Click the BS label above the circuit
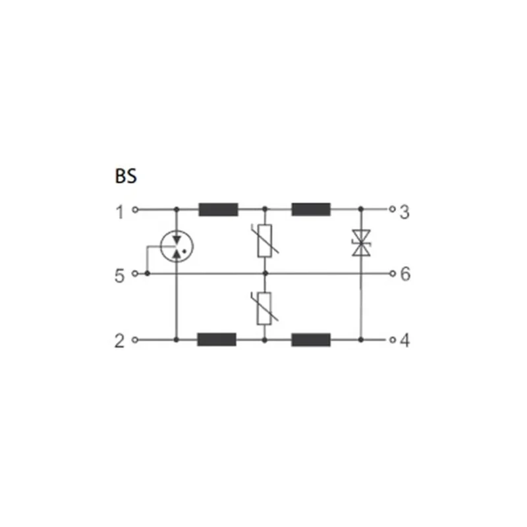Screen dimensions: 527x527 pos(126,177)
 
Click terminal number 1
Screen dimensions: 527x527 pos(120,211)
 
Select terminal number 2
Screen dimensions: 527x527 pos(120,341)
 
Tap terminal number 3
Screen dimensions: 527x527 pos(404,211)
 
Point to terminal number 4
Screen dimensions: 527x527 pos(404,341)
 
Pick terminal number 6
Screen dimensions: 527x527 pos(405,273)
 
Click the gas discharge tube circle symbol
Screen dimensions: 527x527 pos(176,246)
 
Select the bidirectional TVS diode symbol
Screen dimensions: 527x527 pos(360,243)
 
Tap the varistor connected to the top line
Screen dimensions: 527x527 pos(264,240)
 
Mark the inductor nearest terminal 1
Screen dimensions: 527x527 pos(218,210)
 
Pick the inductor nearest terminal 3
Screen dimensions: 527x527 pos(311,210)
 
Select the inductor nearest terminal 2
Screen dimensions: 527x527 pos(217,340)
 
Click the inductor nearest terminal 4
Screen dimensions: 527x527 pos(311,340)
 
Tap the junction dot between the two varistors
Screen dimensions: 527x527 pos(264,273)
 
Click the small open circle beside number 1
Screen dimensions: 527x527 pos(135,211)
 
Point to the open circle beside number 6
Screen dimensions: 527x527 pos(392,273)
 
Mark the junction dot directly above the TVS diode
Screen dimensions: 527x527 pos(360,210)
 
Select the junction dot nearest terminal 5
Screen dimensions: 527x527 pos(146,273)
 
